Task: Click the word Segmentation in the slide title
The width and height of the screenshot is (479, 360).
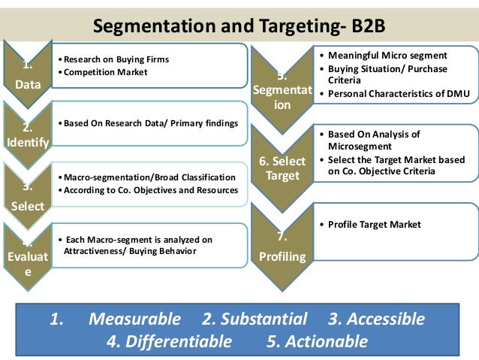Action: pos(140,26)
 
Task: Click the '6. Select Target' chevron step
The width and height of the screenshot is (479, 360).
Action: pos(282,169)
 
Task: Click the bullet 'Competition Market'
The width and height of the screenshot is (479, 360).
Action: pos(105,71)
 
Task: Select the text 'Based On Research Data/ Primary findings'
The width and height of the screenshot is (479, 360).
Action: pos(150,123)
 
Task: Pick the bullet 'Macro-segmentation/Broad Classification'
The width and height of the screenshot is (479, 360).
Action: pos(149,177)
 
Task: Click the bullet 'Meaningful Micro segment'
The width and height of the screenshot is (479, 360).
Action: pos(387,55)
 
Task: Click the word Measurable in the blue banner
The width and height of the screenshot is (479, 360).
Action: pos(134,319)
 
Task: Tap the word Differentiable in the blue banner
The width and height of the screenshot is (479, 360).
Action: pos(169,342)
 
